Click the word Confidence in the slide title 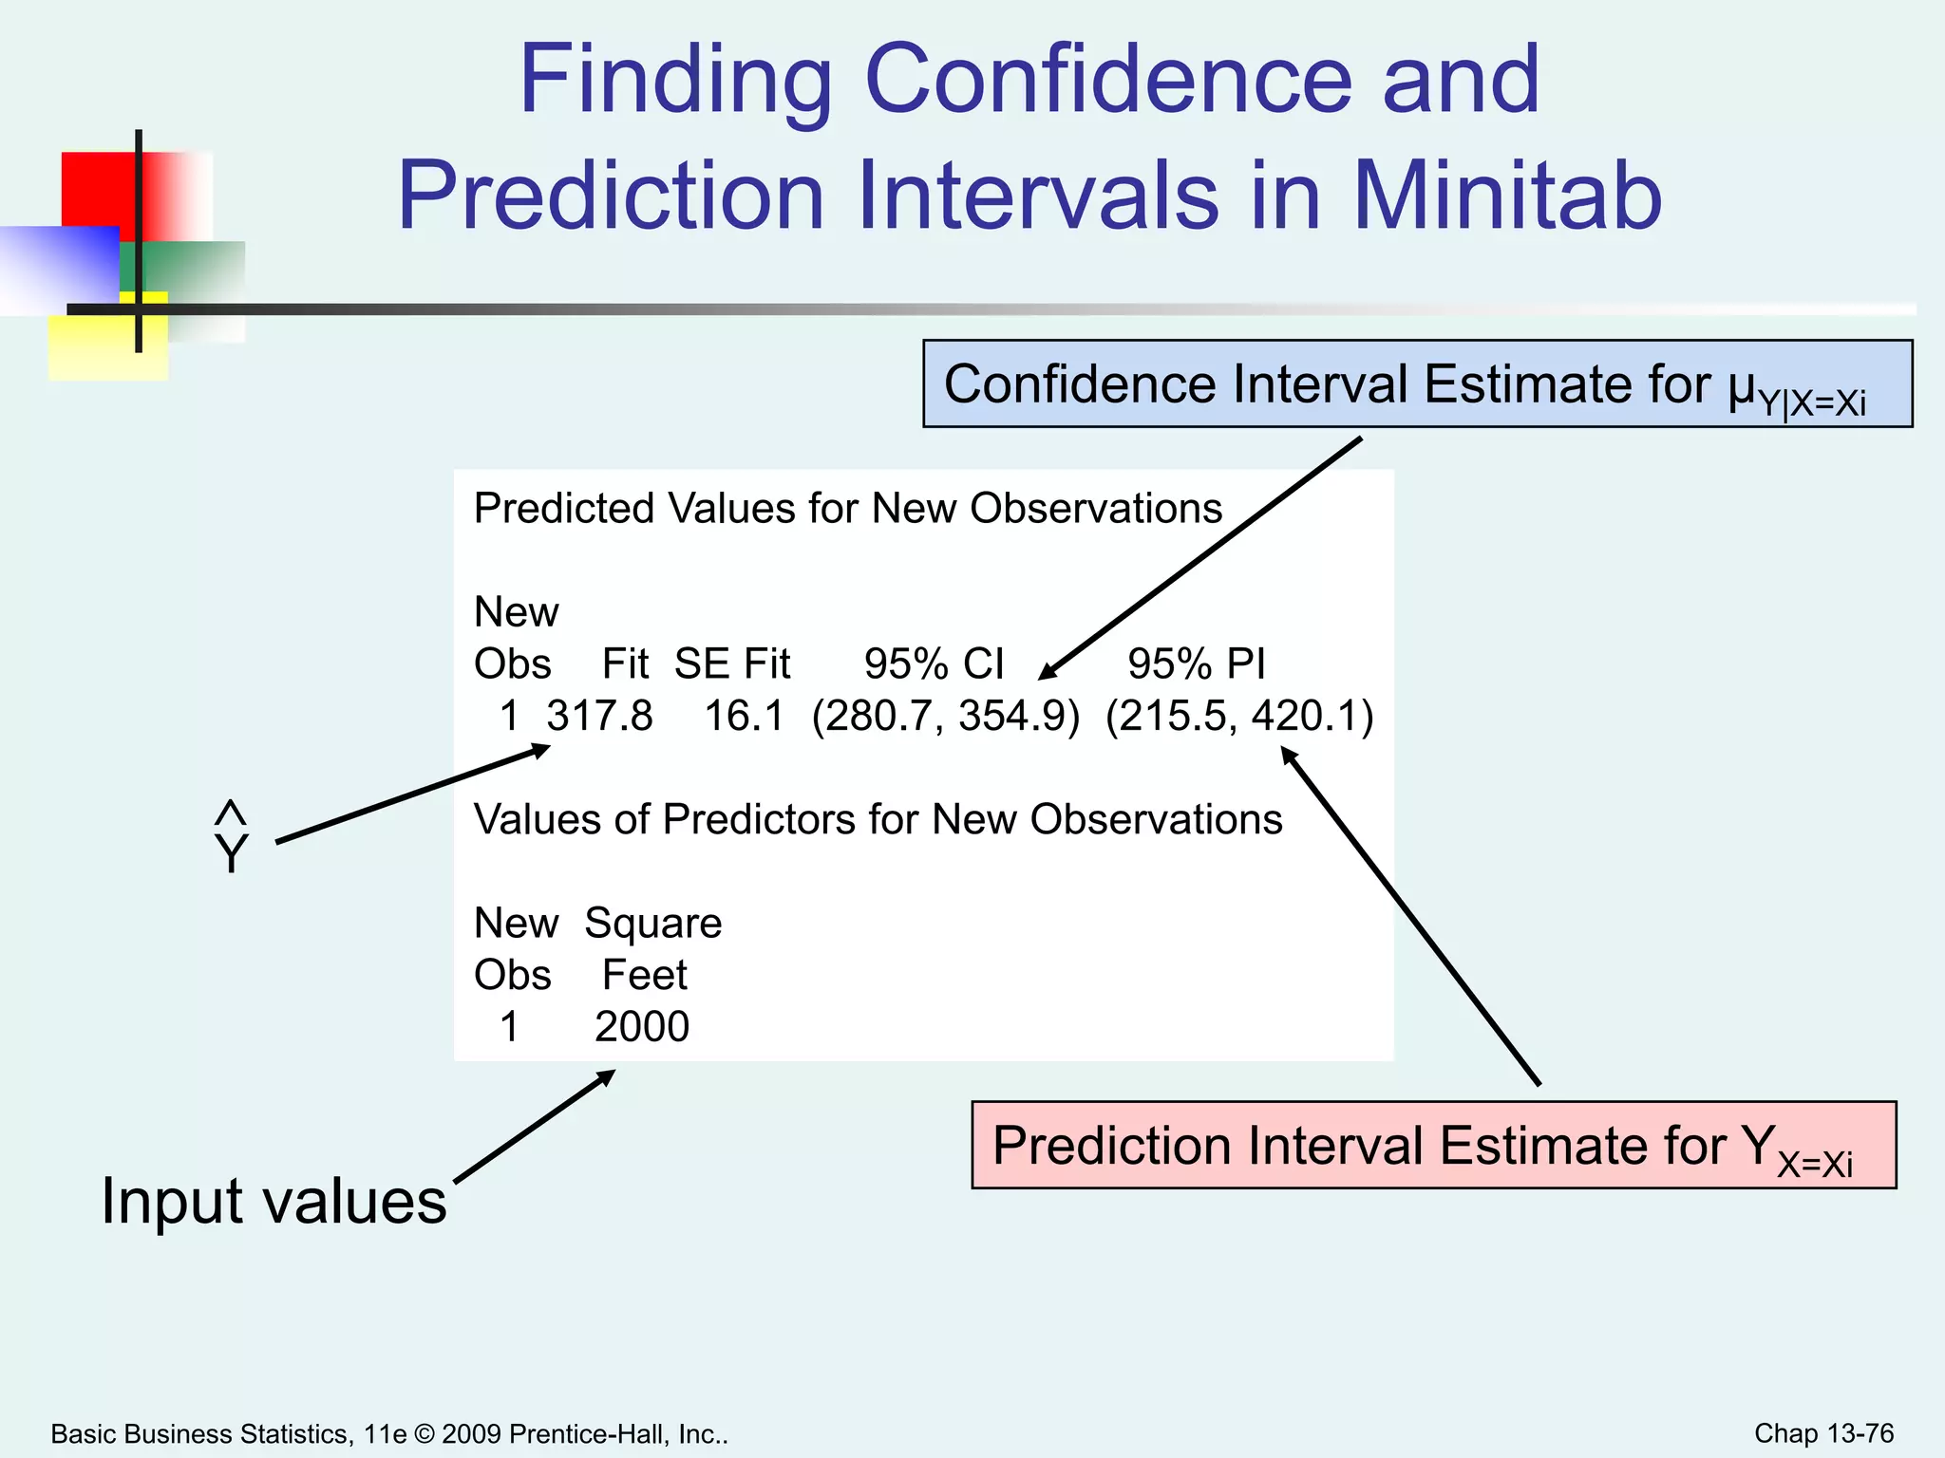[1107, 80]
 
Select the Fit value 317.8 [599, 716]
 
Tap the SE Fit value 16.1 [744, 716]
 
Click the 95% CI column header [934, 664]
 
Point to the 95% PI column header [1196, 664]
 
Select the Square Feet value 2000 [642, 1027]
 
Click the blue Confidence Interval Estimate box [1417, 384]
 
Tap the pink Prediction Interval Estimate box [1433, 1146]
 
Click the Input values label [274, 1201]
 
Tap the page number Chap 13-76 [1823, 1433]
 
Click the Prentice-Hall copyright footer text [389, 1434]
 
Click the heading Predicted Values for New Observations [847, 509]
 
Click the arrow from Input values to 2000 [535, 1127]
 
